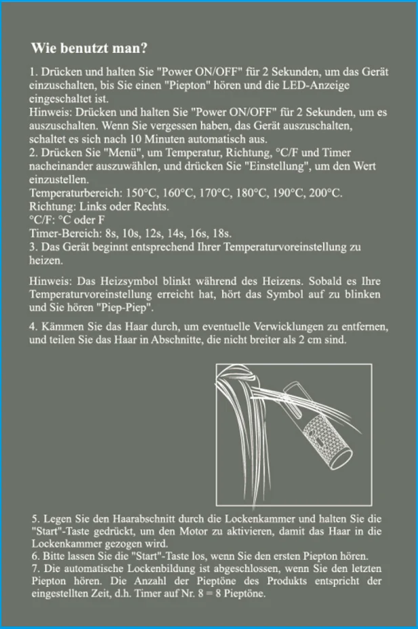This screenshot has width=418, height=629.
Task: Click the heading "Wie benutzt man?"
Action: click(x=89, y=48)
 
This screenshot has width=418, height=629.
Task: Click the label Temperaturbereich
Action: click(x=76, y=193)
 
